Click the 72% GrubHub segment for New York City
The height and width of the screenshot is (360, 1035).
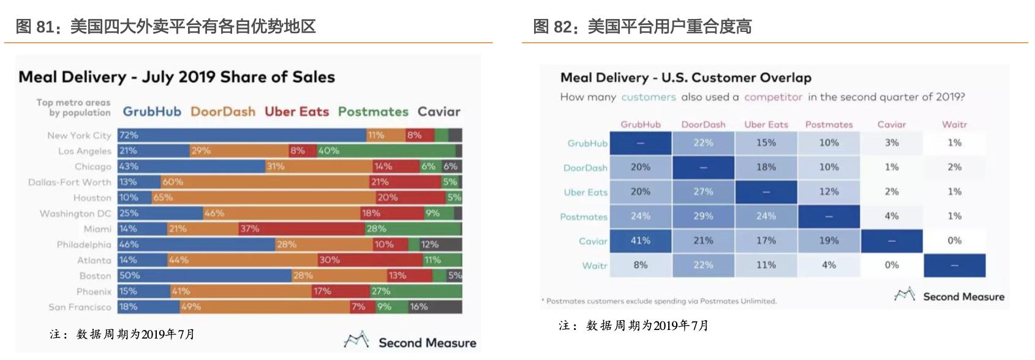click(x=242, y=135)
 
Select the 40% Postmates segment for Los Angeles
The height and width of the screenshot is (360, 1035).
click(x=386, y=151)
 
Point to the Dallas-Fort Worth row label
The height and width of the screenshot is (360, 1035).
click(x=70, y=182)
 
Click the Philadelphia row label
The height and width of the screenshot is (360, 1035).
click(x=84, y=245)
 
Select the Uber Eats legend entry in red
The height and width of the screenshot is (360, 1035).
click(x=296, y=112)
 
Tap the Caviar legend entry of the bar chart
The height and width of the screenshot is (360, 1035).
click(x=438, y=112)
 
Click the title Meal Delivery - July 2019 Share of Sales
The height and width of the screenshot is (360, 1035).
click(x=176, y=77)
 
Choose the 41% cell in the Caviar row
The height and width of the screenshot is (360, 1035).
click(x=641, y=241)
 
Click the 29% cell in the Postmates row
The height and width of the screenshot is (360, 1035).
click(x=703, y=217)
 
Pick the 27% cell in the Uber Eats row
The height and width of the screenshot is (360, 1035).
click(x=703, y=192)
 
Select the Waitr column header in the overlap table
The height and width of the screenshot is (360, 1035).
click(x=954, y=124)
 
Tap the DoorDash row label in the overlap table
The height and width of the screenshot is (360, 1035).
click(x=585, y=168)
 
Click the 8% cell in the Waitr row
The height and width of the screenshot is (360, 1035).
click(x=641, y=266)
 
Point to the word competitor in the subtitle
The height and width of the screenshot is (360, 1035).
click(x=773, y=97)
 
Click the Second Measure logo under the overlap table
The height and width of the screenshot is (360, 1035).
click(x=949, y=296)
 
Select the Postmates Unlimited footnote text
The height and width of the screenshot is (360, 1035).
click(x=659, y=301)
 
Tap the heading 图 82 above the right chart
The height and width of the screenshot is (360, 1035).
click(x=641, y=26)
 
